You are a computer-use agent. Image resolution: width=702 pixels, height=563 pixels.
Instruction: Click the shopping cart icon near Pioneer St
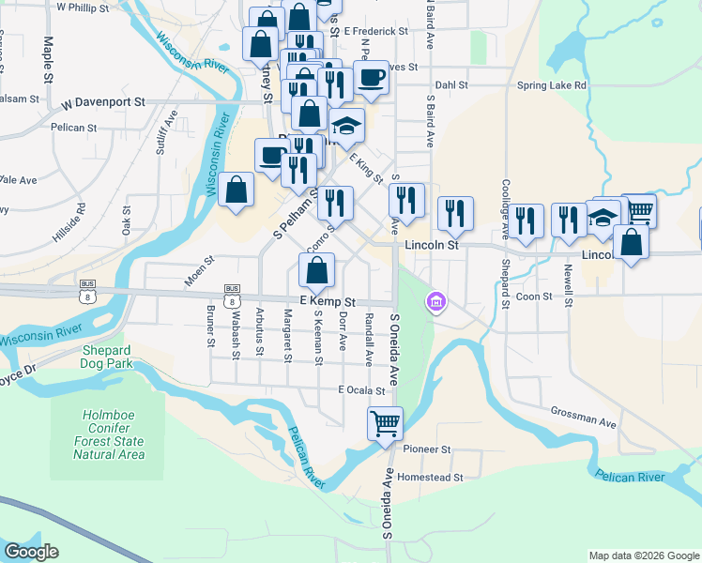click(x=386, y=423)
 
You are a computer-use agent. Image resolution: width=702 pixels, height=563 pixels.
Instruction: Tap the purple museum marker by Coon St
click(x=436, y=302)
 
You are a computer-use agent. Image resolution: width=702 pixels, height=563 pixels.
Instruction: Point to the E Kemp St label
click(x=328, y=301)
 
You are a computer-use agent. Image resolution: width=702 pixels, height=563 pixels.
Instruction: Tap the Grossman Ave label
click(x=584, y=418)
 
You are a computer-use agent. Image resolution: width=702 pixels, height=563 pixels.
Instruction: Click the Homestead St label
click(x=431, y=477)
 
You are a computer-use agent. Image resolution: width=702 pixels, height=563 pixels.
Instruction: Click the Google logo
click(x=31, y=551)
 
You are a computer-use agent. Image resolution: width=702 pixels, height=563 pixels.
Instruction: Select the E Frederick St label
click(x=375, y=31)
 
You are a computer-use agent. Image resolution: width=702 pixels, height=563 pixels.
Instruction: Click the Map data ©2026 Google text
click(x=644, y=555)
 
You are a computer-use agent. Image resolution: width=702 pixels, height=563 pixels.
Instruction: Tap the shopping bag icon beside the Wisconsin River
click(x=237, y=190)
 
